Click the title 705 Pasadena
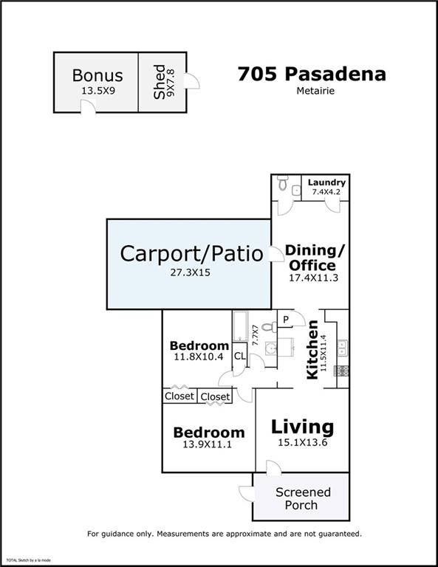click(312, 74)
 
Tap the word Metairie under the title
click(315, 91)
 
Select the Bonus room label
click(97, 75)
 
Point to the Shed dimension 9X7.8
click(170, 83)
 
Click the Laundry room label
click(326, 182)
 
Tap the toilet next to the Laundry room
click(282, 183)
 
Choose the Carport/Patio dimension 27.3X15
click(191, 272)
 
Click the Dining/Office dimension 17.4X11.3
click(313, 278)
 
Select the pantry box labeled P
click(285, 319)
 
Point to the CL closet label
click(240, 356)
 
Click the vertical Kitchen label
click(312, 350)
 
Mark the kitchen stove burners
click(341, 371)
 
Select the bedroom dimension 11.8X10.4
click(199, 357)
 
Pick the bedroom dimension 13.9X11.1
click(207, 444)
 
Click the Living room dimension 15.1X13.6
click(303, 442)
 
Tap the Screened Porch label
click(302, 498)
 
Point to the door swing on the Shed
click(191, 80)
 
